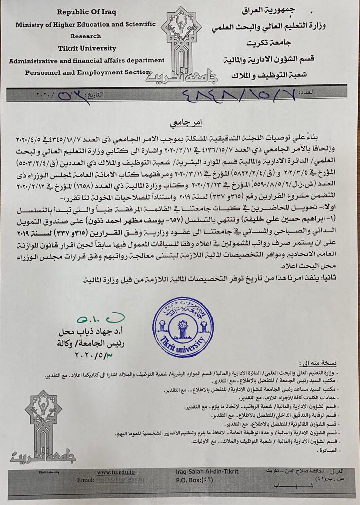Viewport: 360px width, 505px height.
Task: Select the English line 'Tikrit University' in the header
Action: point(87,48)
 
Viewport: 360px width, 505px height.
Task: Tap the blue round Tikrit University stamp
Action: point(183,326)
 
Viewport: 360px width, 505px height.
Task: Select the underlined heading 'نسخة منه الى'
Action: point(321,363)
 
